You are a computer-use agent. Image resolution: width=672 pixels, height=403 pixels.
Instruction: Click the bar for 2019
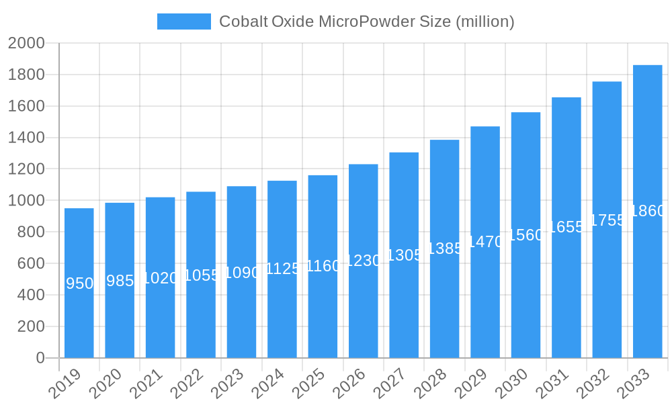click(x=79, y=283)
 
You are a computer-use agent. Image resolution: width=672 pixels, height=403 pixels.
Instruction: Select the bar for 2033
click(x=647, y=212)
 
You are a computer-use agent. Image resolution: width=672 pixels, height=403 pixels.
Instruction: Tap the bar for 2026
click(x=363, y=261)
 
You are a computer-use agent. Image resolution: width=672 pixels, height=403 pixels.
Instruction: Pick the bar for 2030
click(x=526, y=235)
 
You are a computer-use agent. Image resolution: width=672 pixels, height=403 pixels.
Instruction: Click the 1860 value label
click(x=648, y=211)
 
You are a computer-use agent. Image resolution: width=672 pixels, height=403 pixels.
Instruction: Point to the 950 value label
click(x=79, y=283)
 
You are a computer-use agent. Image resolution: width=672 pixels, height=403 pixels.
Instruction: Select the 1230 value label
click(x=363, y=261)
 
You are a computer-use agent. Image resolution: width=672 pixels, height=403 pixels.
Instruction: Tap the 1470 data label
click(x=485, y=242)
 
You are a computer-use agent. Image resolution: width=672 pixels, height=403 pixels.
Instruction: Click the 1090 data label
click(x=241, y=272)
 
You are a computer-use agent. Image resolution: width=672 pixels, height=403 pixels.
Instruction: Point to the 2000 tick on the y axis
click(x=26, y=44)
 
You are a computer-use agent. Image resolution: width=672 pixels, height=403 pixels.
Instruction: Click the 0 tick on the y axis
click(x=40, y=358)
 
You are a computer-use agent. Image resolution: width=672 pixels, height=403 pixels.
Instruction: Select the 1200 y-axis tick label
click(x=26, y=169)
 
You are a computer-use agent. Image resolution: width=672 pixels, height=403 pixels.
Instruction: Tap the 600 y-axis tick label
click(x=31, y=263)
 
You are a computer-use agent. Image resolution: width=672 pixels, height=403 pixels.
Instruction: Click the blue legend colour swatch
click(x=183, y=21)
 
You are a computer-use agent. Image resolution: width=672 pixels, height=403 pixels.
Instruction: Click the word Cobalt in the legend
click(x=243, y=21)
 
